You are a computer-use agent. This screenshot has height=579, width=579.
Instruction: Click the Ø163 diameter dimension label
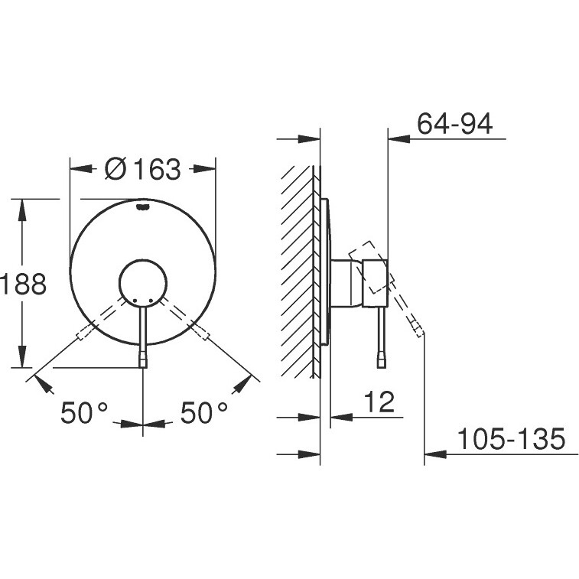pyautogui.click(x=143, y=169)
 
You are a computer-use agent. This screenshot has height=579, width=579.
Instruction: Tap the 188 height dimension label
pyautogui.click(x=23, y=284)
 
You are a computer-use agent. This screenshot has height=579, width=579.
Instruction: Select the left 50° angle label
pyautogui.click(x=84, y=412)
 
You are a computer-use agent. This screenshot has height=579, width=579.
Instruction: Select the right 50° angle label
pyautogui.click(x=203, y=412)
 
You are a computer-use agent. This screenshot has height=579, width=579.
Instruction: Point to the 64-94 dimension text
pyautogui.click(x=454, y=124)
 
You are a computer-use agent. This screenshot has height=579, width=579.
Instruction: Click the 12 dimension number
pyautogui.click(x=379, y=402)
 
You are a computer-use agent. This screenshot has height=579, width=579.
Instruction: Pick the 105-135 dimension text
pyautogui.click(x=512, y=439)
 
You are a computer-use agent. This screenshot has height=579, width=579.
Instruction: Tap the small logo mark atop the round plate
pyautogui.click(x=143, y=207)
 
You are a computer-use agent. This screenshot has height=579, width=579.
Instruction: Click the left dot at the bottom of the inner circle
pyautogui.click(x=135, y=301)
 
